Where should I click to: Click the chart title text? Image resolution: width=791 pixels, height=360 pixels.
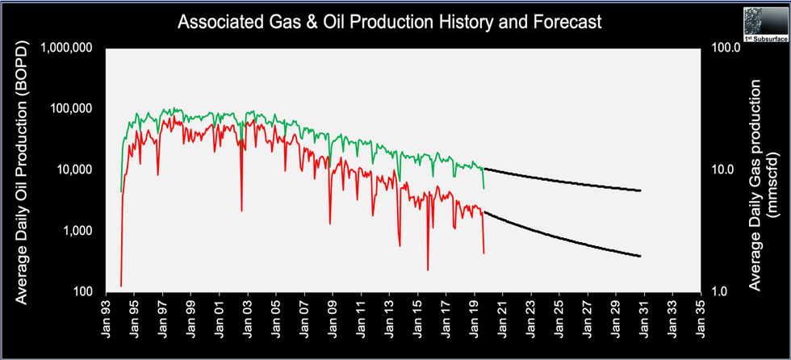coord(390,22)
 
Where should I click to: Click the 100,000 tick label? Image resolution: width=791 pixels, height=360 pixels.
coord(71,109)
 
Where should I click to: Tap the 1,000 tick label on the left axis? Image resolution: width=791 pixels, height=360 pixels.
coord(77,231)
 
